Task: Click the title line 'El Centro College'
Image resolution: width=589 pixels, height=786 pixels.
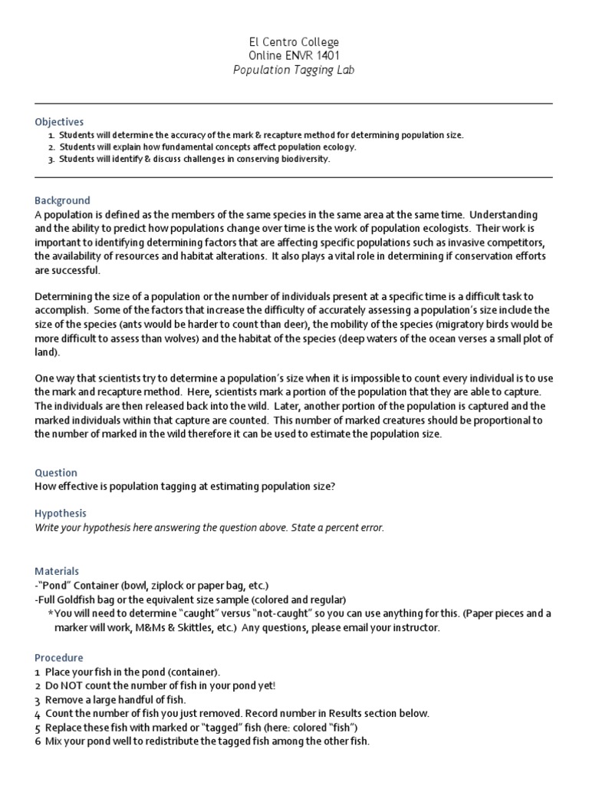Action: (x=294, y=41)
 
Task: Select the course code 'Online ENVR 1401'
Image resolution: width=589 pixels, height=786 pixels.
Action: (x=294, y=55)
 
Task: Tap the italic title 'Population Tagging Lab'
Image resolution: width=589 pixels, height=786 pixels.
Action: (x=294, y=70)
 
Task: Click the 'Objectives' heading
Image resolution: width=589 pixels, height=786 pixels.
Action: (x=59, y=122)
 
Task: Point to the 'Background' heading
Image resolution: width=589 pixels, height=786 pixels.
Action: (x=62, y=200)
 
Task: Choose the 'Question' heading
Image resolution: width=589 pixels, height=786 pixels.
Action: (x=56, y=473)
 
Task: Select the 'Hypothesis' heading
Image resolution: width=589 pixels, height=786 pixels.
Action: (x=61, y=513)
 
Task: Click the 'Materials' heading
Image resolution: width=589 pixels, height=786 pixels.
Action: (x=57, y=571)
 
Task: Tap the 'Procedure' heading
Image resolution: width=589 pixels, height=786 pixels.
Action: (x=59, y=658)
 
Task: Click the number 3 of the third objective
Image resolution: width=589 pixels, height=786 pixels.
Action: (x=51, y=160)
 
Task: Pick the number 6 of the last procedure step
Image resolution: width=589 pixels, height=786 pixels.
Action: (x=38, y=741)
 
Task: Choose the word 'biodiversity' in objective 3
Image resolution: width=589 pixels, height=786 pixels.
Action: (x=303, y=160)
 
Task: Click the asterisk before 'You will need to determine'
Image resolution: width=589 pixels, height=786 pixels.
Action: (x=51, y=614)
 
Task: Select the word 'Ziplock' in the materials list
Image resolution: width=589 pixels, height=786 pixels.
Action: (x=166, y=585)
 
